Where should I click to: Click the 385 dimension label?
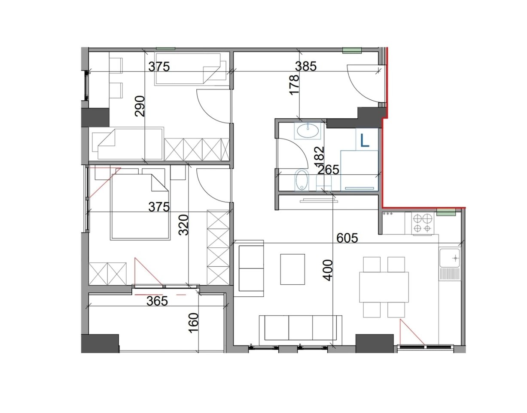click(x=305, y=66)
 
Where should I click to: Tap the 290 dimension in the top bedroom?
click(x=140, y=106)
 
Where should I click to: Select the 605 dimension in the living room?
click(x=347, y=237)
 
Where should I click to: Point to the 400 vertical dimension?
click(x=327, y=270)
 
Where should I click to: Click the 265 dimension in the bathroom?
click(x=329, y=170)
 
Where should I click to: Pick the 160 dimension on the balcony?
click(x=194, y=322)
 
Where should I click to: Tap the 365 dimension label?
click(x=157, y=301)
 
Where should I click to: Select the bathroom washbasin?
click(x=308, y=130)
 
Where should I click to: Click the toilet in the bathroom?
click(x=302, y=180)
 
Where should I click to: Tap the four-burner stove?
click(x=422, y=224)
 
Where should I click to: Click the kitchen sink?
click(x=449, y=258)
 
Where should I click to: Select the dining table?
click(x=384, y=287)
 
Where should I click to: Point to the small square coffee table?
click(x=292, y=269)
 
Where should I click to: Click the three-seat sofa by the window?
click(x=300, y=328)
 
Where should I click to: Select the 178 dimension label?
click(x=294, y=85)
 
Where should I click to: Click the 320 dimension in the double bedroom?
click(x=183, y=225)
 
